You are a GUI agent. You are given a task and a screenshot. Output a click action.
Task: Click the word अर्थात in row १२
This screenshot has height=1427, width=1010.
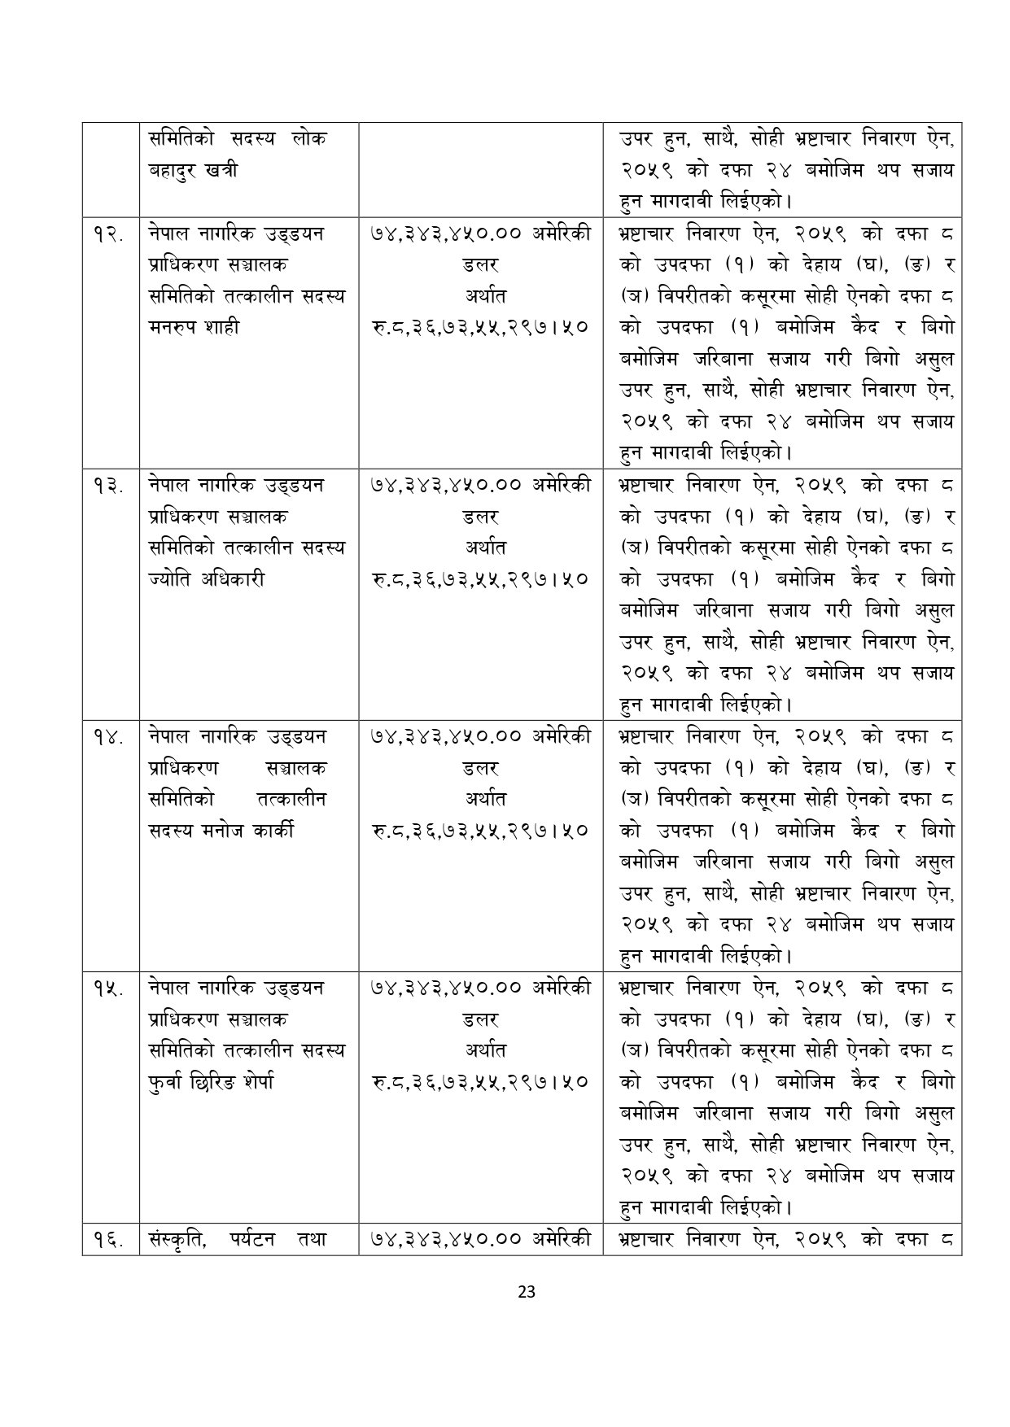click(x=480, y=296)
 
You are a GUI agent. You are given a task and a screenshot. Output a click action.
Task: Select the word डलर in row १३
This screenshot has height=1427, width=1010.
click(x=480, y=517)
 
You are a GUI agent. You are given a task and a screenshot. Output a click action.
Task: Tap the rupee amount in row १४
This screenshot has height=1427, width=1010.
click(x=480, y=831)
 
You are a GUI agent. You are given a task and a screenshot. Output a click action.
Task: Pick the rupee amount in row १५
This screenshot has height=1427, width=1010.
click(x=480, y=1082)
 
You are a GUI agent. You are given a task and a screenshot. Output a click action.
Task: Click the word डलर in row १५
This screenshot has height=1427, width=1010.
click(x=480, y=1019)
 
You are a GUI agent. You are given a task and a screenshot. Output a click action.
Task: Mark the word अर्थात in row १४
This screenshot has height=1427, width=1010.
click(x=480, y=799)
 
